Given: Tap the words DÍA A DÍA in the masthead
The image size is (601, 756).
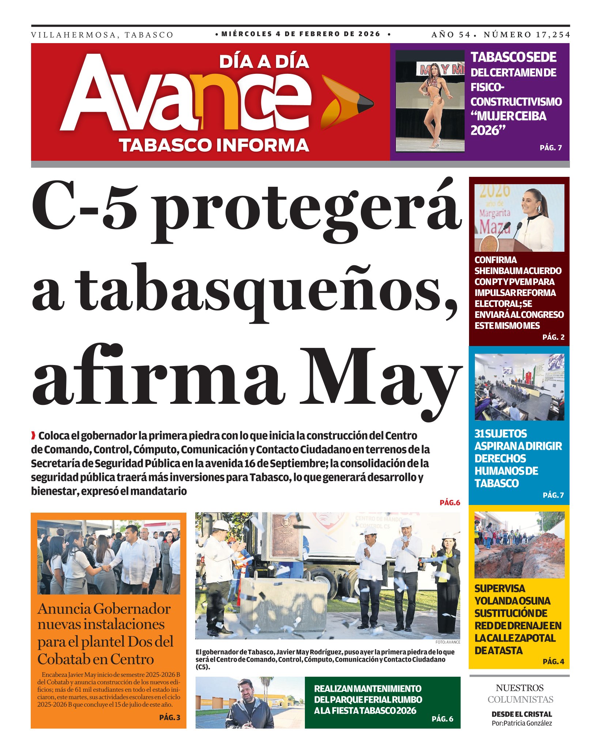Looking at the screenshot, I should tap(264, 62).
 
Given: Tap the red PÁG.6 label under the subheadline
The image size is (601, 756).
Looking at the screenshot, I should tap(450, 503).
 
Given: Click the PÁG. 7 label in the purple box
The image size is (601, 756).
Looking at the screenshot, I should tap(551, 148).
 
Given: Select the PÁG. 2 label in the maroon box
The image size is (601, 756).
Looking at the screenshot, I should tap(553, 337).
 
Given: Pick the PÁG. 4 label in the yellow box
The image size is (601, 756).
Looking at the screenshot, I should tap(553, 661).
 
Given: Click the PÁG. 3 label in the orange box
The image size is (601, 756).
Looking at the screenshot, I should tap(170, 718).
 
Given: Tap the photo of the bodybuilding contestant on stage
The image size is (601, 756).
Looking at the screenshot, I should tap(430, 101).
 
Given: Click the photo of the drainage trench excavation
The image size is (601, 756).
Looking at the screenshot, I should tap(519, 545).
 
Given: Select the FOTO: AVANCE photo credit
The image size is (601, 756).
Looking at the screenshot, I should tap(447, 642).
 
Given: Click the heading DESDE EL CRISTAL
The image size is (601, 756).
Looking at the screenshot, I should tap(522, 714).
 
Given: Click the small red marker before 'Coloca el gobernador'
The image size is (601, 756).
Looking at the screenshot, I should tap(34, 436).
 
